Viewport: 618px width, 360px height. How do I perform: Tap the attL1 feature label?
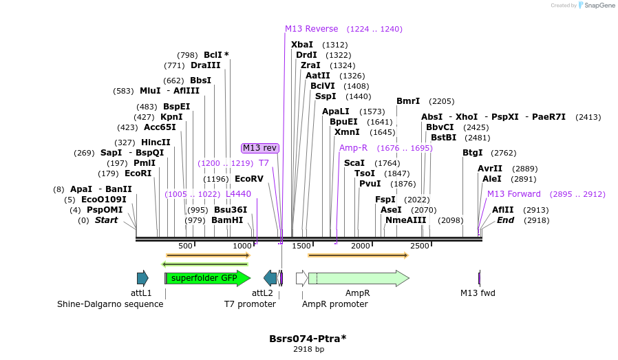[142, 293]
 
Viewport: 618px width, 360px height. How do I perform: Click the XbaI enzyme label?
[301, 45]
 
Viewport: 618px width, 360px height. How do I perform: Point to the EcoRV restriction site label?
[249, 179]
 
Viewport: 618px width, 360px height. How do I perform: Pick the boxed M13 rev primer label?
[260, 148]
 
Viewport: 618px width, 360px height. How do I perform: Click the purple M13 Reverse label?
[312, 29]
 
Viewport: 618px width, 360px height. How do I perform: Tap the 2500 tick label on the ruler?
[420, 246]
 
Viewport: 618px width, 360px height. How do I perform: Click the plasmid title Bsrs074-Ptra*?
[308, 339]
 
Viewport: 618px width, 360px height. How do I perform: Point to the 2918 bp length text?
[308, 350]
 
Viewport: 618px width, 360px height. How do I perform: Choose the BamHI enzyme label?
[227, 220]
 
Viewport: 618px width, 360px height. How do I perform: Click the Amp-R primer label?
[353, 148]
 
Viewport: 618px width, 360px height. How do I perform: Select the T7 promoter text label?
[250, 304]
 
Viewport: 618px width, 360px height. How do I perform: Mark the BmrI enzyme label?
[408, 101]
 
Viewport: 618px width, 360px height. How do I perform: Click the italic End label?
[506, 220]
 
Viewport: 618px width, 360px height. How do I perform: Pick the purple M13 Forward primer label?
[514, 194]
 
